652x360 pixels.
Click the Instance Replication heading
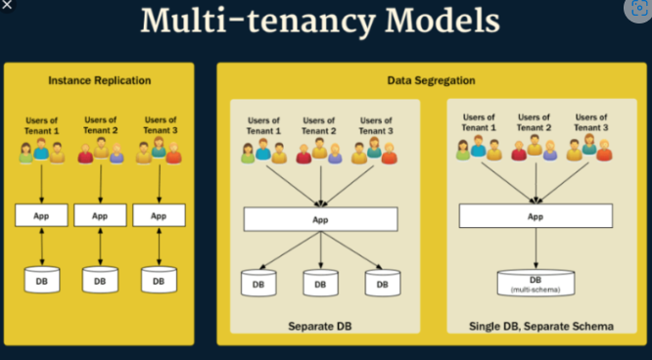100,80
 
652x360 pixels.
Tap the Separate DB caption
319,324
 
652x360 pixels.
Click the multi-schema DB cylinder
536,282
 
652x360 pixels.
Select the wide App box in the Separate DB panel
320,219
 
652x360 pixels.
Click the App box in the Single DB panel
536,216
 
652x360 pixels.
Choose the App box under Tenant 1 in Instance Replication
40,215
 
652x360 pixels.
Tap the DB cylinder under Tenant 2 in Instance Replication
100,280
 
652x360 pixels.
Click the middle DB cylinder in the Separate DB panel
320,284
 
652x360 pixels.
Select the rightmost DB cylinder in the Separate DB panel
383,284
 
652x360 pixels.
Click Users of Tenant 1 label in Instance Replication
40,123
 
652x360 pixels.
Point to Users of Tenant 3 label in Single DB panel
591,121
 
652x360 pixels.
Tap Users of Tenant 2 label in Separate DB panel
320,124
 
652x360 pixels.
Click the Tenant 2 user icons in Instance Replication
100,151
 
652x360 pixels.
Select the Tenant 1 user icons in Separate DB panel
262,151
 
